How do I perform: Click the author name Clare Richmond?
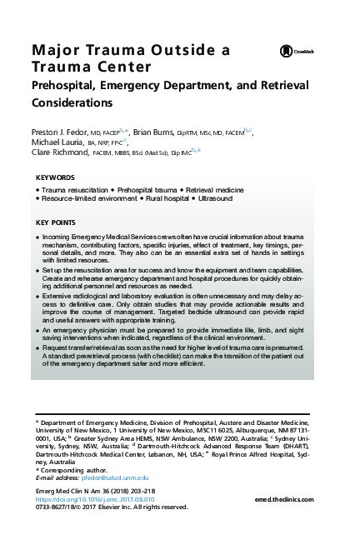click(x=59, y=152)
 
